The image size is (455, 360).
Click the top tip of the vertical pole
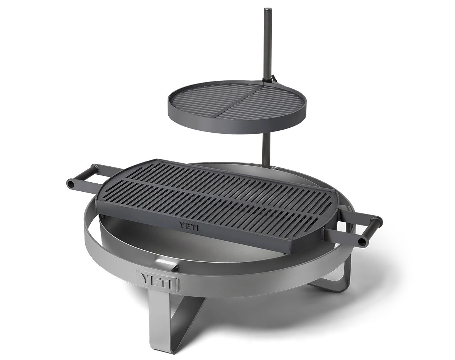pyautogui.click(x=267, y=9)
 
